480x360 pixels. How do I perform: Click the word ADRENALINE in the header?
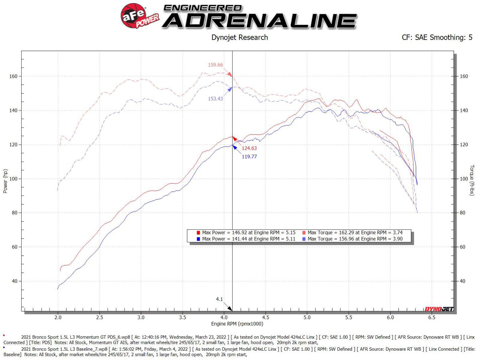tap(260, 21)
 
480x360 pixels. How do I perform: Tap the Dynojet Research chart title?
tap(240, 38)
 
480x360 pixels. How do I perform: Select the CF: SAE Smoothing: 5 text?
tap(437, 38)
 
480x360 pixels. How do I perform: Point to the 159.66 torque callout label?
tap(215, 65)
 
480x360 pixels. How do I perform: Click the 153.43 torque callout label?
tap(215, 99)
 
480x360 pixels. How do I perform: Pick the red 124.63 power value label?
tap(249, 148)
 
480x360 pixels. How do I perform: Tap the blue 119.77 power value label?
tap(249, 157)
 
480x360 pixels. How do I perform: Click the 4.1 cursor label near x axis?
tap(219, 299)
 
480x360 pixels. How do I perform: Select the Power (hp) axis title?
tap(5, 181)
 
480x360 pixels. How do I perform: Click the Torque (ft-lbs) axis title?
tap(472, 180)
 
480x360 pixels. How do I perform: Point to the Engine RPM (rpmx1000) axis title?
tap(237, 324)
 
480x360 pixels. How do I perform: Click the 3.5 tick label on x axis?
tap(182, 317)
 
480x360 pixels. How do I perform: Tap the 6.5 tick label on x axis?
tap(432, 317)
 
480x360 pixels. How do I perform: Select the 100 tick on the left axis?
tap(13, 179)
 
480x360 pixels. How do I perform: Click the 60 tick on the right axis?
tap(462, 247)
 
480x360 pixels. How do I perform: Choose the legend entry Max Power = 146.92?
tap(248, 233)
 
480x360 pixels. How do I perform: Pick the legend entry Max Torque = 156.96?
tap(355, 239)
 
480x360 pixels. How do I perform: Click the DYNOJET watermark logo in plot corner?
tap(439, 309)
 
